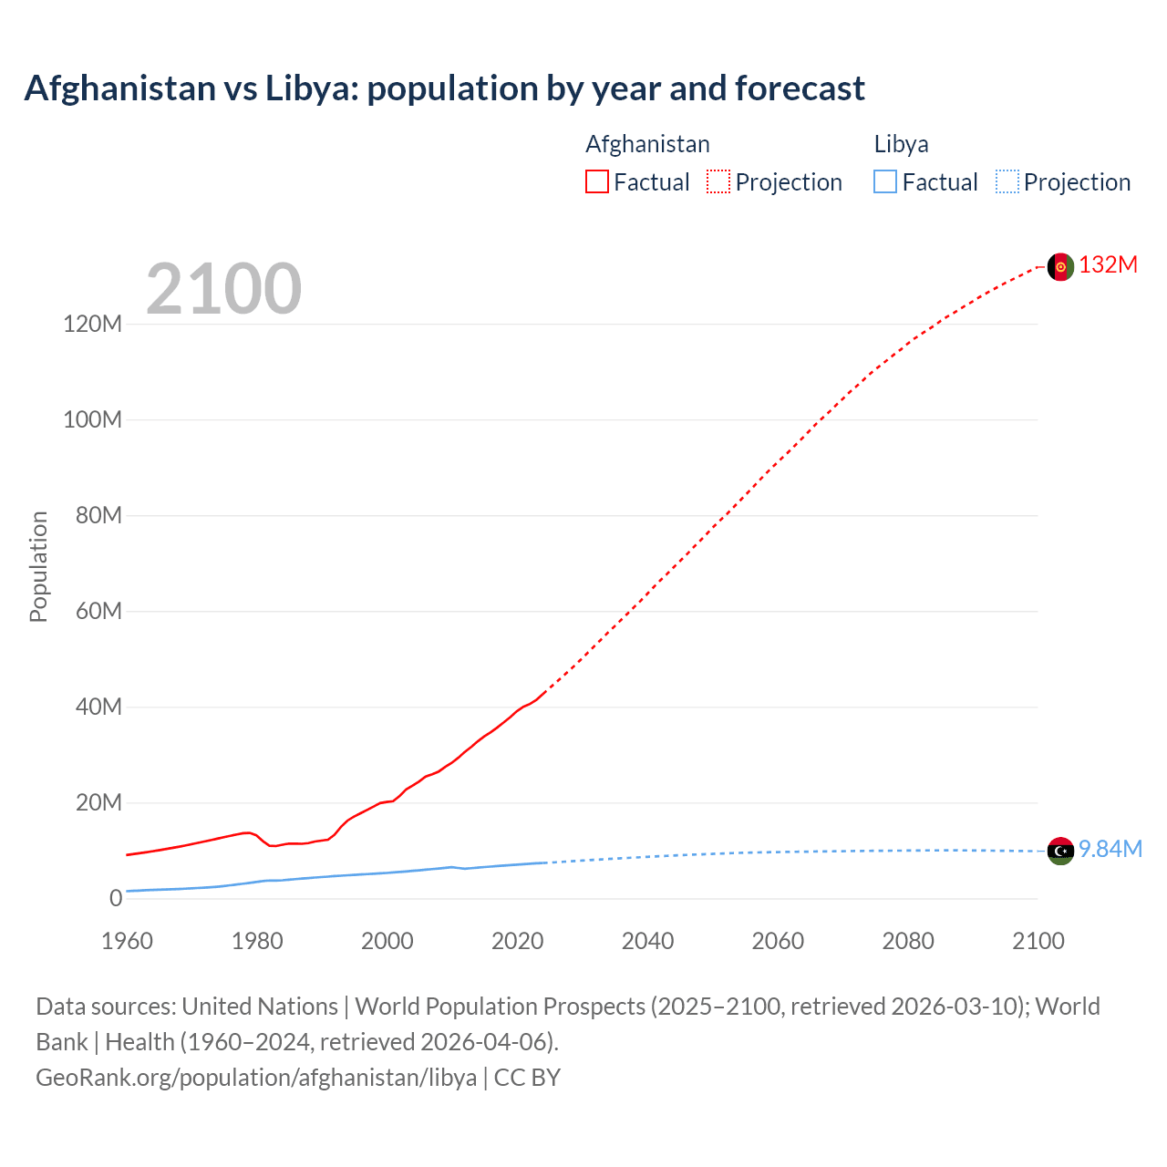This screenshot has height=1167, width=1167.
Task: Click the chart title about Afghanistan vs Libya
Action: pyautogui.click(x=444, y=88)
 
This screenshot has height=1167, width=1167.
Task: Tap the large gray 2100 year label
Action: pyautogui.click(x=223, y=289)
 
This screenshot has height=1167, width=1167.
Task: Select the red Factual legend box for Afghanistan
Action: pyautogui.click(x=596, y=181)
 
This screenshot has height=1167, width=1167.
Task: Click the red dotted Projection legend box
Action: pyautogui.click(x=718, y=181)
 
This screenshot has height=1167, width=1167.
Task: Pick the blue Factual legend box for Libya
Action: pyautogui.click(x=884, y=181)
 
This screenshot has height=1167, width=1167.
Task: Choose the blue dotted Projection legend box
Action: pyautogui.click(x=1007, y=181)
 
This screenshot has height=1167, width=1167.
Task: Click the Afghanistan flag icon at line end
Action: pyautogui.click(x=1060, y=266)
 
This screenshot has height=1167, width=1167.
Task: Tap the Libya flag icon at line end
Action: pyautogui.click(x=1060, y=851)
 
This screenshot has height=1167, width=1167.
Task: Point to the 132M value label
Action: pyautogui.click(x=1108, y=265)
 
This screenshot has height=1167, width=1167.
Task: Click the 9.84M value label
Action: pyautogui.click(x=1110, y=850)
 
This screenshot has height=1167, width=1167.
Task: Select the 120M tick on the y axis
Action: pyautogui.click(x=92, y=324)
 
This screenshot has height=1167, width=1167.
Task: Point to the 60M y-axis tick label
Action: pyautogui.click(x=98, y=611)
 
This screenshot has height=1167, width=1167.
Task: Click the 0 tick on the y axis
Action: pyautogui.click(x=115, y=898)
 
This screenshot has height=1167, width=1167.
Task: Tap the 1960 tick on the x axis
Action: pyautogui.click(x=127, y=941)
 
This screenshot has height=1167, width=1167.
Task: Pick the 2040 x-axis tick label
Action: pyautogui.click(x=647, y=941)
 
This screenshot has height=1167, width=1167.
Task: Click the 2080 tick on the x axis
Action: pyautogui.click(x=908, y=941)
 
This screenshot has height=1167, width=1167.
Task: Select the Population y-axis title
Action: pyautogui.click(x=38, y=566)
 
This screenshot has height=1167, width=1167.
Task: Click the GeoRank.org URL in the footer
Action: pyautogui.click(x=256, y=1078)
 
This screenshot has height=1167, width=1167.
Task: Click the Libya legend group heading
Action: pyautogui.click(x=901, y=144)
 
